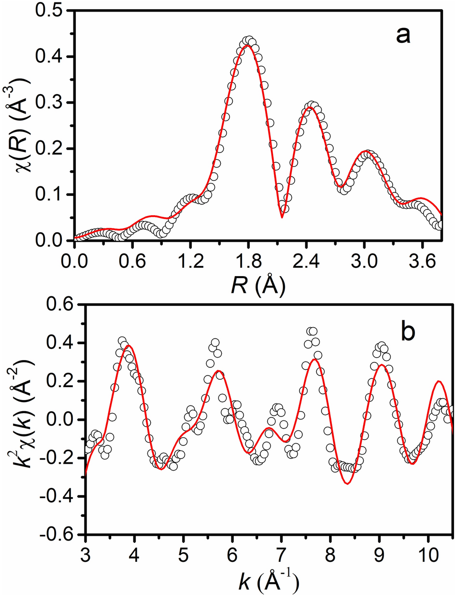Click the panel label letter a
[400, 36]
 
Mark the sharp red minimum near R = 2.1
[282, 217]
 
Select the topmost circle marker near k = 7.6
[312, 331]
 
